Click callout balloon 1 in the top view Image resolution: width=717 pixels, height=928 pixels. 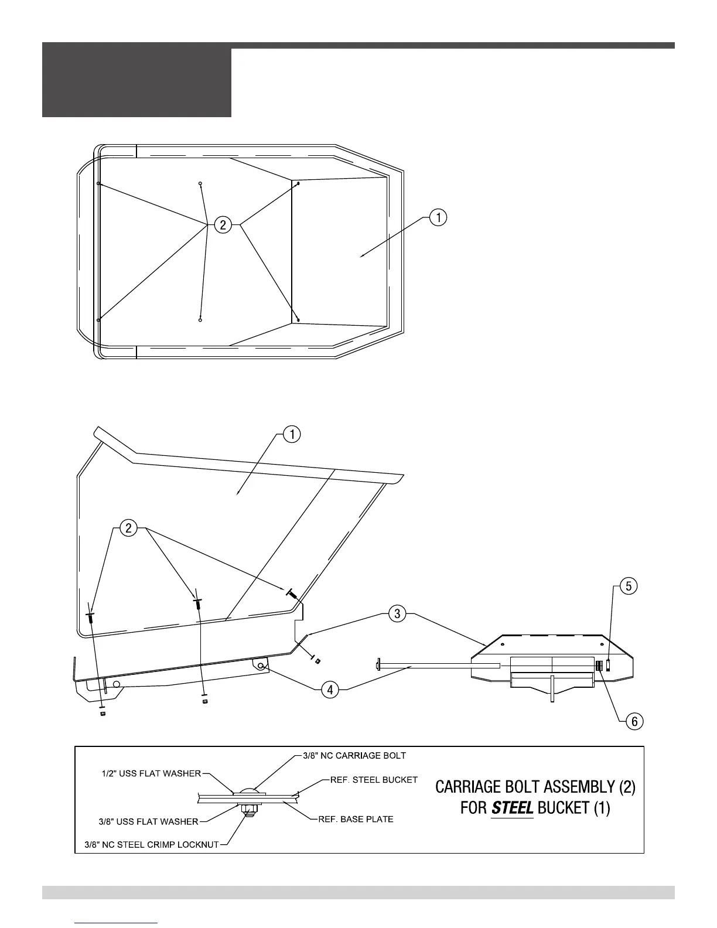tap(438, 218)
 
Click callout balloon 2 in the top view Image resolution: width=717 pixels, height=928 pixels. tap(223, 224)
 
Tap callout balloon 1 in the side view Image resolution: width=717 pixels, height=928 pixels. tap(292, 434)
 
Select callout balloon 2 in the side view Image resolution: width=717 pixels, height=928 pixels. tap(128, 528)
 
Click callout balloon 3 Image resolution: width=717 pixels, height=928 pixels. tap(397, 614)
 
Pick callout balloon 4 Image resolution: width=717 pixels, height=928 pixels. tap(330, 690)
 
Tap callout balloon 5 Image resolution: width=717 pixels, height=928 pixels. tap(628, 586)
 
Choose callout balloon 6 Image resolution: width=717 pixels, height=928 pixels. tap(634, 722)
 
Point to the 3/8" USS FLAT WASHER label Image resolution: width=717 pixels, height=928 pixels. tap(149, 821)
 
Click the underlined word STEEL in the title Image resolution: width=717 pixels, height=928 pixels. tap(512, 808)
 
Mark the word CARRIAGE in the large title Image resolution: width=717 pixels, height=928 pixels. tap(478, 786)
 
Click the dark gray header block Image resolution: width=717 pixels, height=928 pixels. tap(136, 82)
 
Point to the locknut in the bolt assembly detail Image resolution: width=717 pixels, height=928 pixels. tap(248, 811)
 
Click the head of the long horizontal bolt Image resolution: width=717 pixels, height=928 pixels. tap(375, 665)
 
